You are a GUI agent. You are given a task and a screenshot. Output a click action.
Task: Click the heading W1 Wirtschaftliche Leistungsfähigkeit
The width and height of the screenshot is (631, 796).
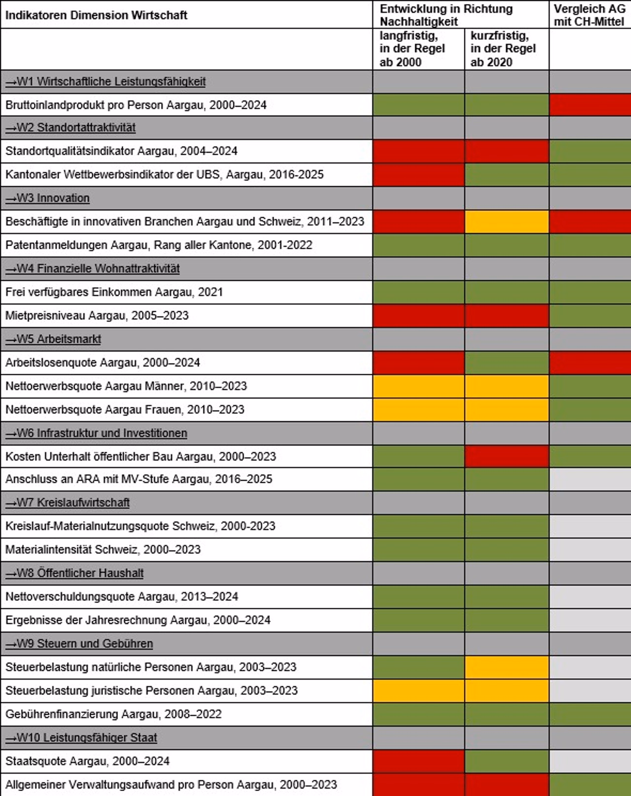[x=105, y=82]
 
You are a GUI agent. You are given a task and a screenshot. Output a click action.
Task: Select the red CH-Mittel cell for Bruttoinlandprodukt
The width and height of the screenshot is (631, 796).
[x=590, y=105]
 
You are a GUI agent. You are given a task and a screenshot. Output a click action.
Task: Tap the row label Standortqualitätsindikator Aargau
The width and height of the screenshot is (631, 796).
[x=121, y=151]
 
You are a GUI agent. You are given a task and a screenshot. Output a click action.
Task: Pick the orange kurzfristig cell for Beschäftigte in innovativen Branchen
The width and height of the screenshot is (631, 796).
[x=506, y=222]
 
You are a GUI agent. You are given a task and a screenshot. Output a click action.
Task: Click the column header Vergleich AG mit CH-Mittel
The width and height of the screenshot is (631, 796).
[x=589, y=15]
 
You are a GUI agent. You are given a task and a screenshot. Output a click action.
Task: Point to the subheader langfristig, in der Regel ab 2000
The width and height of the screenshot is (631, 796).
[x=412, y=49]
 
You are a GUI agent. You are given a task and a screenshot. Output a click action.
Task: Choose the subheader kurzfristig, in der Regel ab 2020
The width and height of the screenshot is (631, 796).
[x=503, y=49]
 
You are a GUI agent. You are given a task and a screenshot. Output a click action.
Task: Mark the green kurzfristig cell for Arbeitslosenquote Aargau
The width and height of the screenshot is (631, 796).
[x=506, y=363]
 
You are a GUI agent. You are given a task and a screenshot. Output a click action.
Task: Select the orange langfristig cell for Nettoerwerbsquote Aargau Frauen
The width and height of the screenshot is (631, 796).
[x=419, y=410]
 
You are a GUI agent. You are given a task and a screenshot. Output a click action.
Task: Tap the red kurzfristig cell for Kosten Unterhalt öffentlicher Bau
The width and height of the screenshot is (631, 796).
[x=506, y=457]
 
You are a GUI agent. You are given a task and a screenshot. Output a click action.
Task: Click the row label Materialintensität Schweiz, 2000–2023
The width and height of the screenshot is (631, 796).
[x=103, y=550]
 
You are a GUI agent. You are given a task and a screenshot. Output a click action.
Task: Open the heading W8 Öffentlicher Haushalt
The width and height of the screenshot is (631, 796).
[x=74, y=573]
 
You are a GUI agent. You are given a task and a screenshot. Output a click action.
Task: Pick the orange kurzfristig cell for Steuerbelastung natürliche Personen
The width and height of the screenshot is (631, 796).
[x=506, y=667]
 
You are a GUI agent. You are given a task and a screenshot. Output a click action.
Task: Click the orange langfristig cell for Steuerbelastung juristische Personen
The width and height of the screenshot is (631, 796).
[x=419, y=691]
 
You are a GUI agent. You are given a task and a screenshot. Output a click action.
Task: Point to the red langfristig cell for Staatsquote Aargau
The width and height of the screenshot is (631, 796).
[x=419, y=762]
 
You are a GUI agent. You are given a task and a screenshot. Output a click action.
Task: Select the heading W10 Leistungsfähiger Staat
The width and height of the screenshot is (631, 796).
[x=81, y=738]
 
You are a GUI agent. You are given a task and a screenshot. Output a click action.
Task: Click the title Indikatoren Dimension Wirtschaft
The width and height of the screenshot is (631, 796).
[x=96, y=15]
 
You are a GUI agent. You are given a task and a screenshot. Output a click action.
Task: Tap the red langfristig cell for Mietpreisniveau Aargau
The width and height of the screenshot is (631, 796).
[x=419, y=316]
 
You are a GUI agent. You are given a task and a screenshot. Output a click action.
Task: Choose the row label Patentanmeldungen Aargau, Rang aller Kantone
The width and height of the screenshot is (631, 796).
[x=159, y=245]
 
